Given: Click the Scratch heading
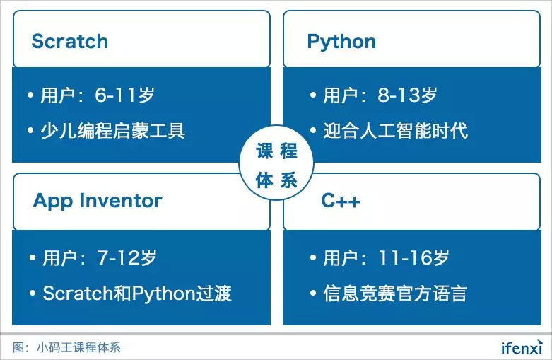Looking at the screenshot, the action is tap(70, 41).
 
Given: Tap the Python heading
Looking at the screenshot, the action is tap(341, 42).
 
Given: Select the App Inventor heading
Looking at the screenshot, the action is tap(98, 202).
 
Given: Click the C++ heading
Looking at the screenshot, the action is tap(341, 201).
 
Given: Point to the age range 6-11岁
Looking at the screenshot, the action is tap(124, 95).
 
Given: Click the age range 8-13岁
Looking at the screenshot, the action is tap(408, 95).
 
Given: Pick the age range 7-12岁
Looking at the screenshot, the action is tap(127, 257).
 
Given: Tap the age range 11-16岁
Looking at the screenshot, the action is tap(414, 257).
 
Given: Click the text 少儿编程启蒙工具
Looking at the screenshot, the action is tap(112, 131).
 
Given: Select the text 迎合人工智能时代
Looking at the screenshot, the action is tap(396, 131).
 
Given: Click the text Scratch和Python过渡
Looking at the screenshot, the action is tap(137, 294).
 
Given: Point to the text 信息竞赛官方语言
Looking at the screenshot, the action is tap(395, 294).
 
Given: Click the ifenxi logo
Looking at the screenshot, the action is tap(522, 348).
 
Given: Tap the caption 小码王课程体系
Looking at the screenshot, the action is tap(78, 348).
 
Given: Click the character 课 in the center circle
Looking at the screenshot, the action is tap(264, 151).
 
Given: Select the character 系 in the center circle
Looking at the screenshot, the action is tap(288, 180).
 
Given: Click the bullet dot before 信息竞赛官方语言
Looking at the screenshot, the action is tap(313, 293).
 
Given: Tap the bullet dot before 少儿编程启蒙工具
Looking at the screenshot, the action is tap(30, 130).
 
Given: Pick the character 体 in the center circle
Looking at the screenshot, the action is tap(264, 180).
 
